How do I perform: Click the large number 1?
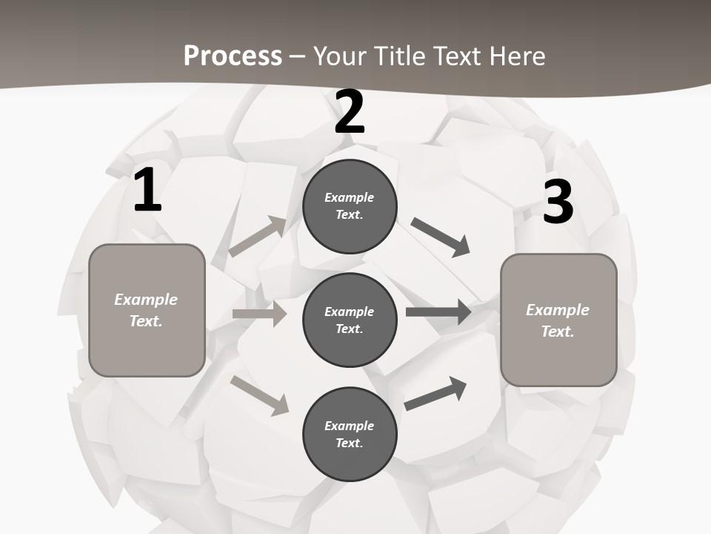click(147, 190)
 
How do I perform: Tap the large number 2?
click(350, 112)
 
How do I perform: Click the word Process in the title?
click(233, 56)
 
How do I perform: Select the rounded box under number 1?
click(147, 310)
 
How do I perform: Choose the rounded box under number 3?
click(558, 320)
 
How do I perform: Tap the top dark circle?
click(350, 206)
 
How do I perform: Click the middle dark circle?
click(350, 320)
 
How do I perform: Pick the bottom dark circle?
click(350, 434)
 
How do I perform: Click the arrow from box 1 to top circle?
click(258, 237)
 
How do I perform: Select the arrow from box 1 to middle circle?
click(259, 314)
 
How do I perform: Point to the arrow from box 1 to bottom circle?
click(260, 395)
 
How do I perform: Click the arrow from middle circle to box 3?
click(438, 312)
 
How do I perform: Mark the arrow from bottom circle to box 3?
click(436, 393)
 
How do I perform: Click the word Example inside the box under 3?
click(558, 310)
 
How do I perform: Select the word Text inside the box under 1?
click(145, 322)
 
